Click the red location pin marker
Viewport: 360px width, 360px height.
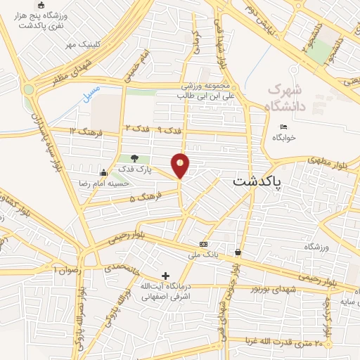pos(181,165)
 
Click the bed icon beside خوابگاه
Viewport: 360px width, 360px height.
pos(283,127)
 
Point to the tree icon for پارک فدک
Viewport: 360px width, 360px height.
pos(135,158)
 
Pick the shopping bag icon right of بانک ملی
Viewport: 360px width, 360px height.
pos(238,252)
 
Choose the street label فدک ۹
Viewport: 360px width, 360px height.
pos(167,129)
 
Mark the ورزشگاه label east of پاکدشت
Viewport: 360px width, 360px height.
pos(317,247)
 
